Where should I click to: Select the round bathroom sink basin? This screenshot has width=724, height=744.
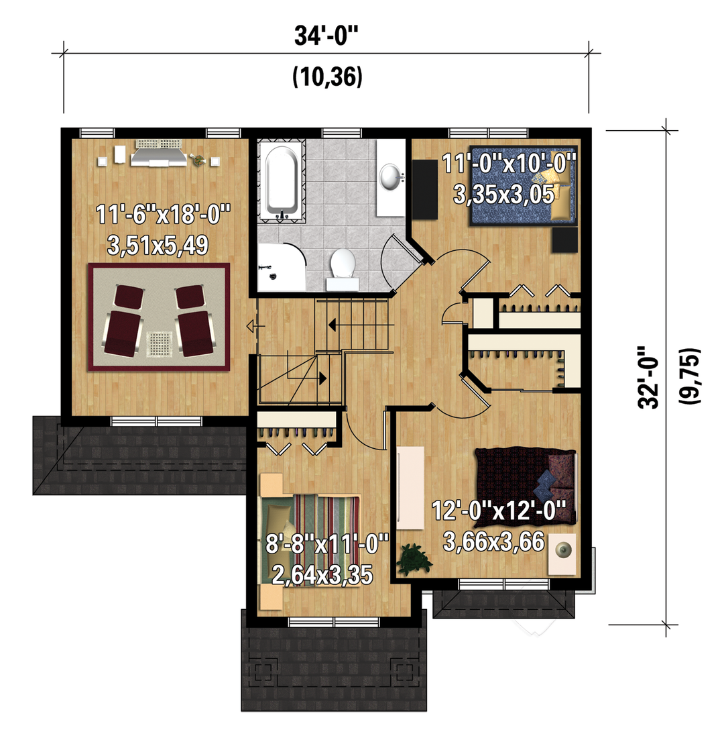coord(391,176)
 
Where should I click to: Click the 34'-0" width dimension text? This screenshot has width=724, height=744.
coord(326,36)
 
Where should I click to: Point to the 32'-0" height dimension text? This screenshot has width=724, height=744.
coord(648,377)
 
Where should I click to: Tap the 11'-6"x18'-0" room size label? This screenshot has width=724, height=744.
coord(163,215)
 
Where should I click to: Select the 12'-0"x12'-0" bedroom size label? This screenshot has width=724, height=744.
coord(499,511)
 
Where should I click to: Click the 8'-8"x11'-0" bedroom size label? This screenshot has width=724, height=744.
coord(327,544)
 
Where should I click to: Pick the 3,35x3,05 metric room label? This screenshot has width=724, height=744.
coord(503,194)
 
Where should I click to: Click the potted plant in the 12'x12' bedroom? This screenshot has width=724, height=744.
coord(414,560)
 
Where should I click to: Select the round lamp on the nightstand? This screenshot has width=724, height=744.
coord(563,550)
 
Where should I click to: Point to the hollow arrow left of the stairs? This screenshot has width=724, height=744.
coord(255,327)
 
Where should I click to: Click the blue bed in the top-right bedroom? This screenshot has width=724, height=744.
coord(524,186)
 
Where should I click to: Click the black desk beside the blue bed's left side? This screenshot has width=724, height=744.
coord(425,189)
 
